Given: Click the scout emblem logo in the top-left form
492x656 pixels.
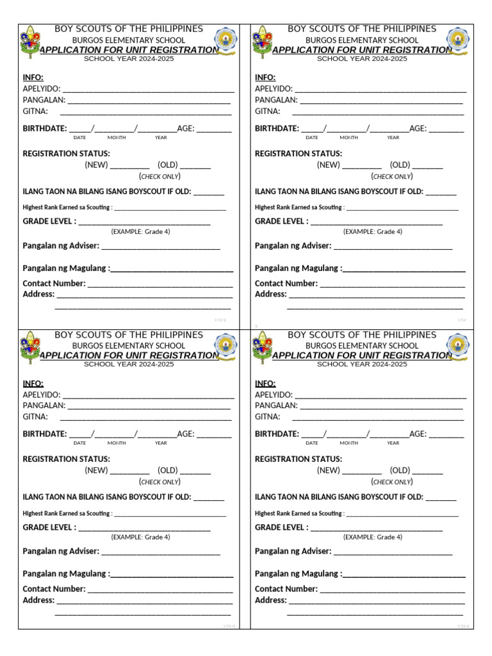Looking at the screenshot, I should click(31, 40).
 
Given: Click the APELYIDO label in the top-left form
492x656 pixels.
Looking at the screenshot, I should click(42, 89).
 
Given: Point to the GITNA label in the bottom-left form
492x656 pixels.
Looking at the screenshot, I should click(35, 417).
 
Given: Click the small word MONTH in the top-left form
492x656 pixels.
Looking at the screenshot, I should click(117, 138).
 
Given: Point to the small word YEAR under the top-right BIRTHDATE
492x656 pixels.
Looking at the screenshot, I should click(393, 138).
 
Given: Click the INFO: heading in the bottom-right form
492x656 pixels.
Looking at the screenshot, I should click(265, 383).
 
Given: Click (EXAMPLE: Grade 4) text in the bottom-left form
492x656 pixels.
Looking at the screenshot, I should click(140, 537).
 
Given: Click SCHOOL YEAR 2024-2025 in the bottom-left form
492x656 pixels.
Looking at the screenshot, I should click(129, 365).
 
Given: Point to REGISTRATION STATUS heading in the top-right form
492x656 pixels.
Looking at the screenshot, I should click(299, 154).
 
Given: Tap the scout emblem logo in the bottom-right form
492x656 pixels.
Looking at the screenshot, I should click(263, 346).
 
